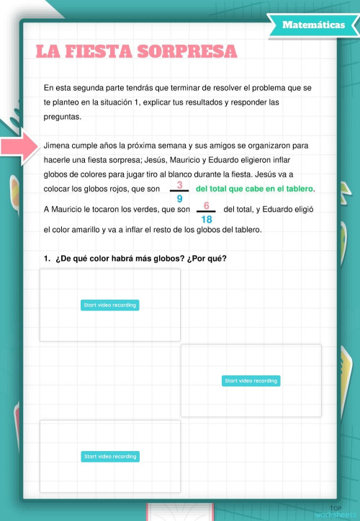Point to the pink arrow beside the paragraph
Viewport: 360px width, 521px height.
[x=19, y=146]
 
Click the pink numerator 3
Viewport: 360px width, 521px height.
[x=179, y=184]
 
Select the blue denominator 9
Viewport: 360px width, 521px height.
[x=179, y=197]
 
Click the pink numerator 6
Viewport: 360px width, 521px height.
[x=207, y=206]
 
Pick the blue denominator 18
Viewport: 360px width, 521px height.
[x=207, y=219]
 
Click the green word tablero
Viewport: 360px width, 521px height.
[x=297, y=189]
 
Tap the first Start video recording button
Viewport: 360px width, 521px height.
[x=109, y=305]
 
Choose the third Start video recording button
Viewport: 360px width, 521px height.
[x=109, y=456]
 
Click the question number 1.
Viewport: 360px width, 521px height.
[x=46, y=259]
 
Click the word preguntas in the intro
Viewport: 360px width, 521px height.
[x=63, y=117]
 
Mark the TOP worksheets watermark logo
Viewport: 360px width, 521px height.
[x=336, y=512]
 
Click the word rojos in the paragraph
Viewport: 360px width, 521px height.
[x=132, y=189]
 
